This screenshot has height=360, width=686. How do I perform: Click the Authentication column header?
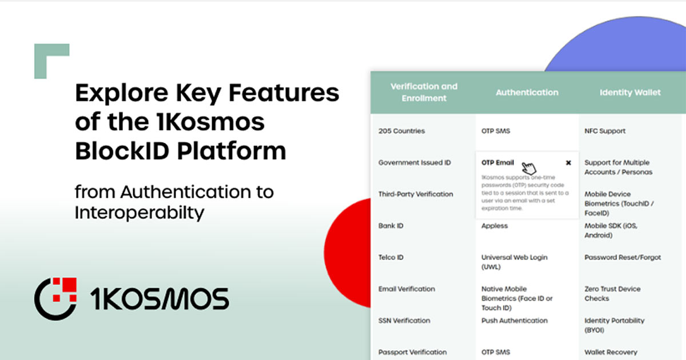pos(527,92)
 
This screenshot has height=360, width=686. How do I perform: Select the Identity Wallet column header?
pos(630,92)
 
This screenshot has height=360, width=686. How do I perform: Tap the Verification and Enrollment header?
pos(424,92)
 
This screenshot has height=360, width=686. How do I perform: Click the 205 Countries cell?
pos(401,131)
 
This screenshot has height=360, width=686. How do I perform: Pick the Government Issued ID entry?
pos(414,163)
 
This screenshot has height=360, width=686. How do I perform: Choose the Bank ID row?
pos(391,226)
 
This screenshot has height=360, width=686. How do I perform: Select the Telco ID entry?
pos(391,258)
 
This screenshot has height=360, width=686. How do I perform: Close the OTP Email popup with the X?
pos(568,163)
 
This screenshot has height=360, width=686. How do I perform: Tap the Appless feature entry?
pos(494,226)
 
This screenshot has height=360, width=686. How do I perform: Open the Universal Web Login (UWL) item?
pos(514,262)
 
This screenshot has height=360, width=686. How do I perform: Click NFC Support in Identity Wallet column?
pos(605,131)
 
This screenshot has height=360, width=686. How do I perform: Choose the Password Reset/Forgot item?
pos(623,258)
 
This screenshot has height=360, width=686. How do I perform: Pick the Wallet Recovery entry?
pos(611,352)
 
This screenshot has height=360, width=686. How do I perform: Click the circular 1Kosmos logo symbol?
pos(55,298)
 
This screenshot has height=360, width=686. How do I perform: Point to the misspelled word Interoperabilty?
pos(139,213)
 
